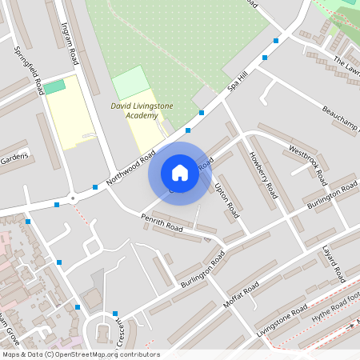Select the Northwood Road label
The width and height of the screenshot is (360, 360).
130,169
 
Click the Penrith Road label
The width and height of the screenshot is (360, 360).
162,223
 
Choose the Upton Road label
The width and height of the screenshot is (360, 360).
226,200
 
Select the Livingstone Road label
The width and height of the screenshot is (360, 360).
282,319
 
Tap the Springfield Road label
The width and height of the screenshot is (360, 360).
28,70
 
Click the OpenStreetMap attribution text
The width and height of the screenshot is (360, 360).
81,354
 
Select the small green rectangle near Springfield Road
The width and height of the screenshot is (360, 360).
54,86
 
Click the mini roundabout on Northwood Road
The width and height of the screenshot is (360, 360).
73,197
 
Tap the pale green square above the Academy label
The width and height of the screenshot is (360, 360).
130,82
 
